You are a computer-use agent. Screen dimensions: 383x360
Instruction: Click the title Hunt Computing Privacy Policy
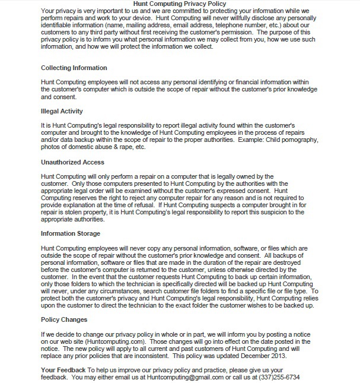[x=179, y=4]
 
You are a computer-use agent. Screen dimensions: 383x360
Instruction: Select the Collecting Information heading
[x=74, y=68]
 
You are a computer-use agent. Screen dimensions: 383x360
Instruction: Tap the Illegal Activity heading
[x=62, y=111]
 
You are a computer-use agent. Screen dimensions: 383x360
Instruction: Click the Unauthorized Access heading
[x=72, y=162]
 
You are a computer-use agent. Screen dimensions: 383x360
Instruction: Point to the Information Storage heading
[x=70, y=233]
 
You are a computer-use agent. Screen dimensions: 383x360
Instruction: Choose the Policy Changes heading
[x=63, y=319]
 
